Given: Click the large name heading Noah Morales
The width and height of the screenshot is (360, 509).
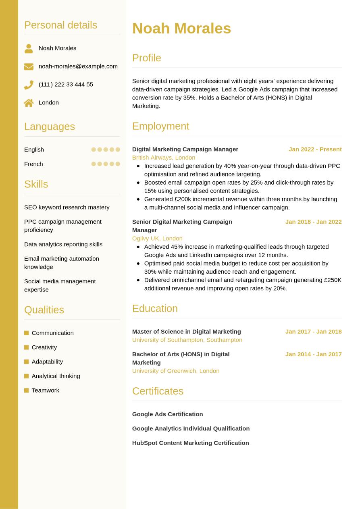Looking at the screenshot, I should pyautogui.click(x=181, y=29).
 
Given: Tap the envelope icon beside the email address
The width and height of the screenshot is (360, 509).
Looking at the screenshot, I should pyautogui.click(x=29, y=66).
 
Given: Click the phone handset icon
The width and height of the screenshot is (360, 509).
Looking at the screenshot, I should pyautogui.click(x=29, y=85).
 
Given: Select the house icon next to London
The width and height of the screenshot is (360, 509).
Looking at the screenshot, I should pyautogui.click(x=29, y=103).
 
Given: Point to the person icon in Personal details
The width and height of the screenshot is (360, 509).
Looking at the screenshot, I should pyautogui.click(x=29, y=48).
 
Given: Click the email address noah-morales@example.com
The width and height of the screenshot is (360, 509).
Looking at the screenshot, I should pyautogui.click(x=78, y=66).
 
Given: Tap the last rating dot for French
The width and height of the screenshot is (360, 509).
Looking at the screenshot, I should pyautogui.click(x=118, y=164).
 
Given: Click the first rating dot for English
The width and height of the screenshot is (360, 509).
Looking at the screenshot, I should pyautogui.click(x=94, y=150).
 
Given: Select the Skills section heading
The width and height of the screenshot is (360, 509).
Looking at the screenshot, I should pyautogui.click(x=36, y=184).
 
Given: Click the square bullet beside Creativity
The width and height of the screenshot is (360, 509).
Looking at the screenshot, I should pyautogui.click(x=27, y=347).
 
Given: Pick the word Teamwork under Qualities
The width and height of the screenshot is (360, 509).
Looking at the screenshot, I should pyautogui.click(x=45, y=390).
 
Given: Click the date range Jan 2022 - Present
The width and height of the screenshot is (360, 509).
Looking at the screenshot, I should pyautogui.click(x=315, y=149).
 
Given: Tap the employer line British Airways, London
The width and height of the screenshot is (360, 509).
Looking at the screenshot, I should pyautogui.click(x=164, y=158).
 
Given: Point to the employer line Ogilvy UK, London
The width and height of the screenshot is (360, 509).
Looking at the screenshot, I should pyautogui.click(x=157, y=238).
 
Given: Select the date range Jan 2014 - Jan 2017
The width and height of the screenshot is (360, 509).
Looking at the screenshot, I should pyautogui.click(x=313, y=354).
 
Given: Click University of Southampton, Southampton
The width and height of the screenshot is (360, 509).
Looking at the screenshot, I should pyautogui.click(x=187, y=340).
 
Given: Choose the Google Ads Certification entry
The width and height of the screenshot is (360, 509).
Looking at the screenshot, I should pyautogui.click(x=167, y=414).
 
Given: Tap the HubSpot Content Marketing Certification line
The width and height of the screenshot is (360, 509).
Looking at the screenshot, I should pyautogui.click(x=190, y=443).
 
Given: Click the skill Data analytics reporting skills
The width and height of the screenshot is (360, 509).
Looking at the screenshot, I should pyautogui.click(x=63, y=244).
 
